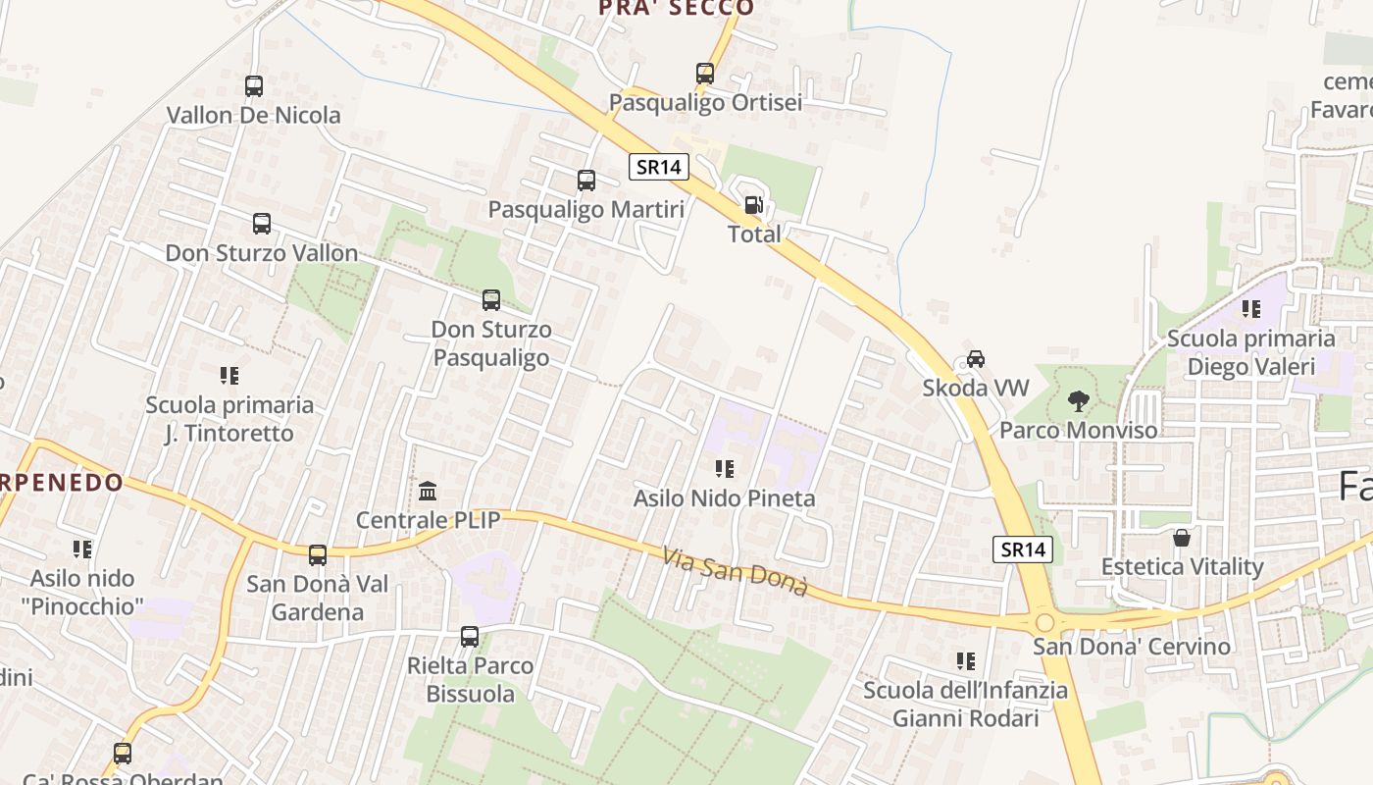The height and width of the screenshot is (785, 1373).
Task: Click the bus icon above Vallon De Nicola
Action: (254, 86)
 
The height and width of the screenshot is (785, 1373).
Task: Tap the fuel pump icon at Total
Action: (753, 205)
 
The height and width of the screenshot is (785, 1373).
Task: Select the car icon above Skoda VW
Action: (975, 359)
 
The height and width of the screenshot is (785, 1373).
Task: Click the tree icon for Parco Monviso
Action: (1078, 400)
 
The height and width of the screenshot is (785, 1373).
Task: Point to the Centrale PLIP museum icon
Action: (428, 491)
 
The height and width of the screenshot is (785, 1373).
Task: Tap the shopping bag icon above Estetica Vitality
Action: (1182, 538)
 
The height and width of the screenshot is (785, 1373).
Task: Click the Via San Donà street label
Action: (735, 572)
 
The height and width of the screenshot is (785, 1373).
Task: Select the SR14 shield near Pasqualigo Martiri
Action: (658, 167)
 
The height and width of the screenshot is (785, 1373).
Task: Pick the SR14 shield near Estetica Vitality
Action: (1024, 549)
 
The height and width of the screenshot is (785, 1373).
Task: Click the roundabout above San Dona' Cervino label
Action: (1044, 622)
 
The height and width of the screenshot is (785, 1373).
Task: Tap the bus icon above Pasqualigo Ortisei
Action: (705, 74)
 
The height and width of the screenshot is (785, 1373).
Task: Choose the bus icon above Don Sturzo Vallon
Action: (262, 224)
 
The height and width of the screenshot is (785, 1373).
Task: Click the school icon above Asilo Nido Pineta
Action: (724, 469)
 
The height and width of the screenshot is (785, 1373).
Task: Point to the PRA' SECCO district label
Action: (677, 9)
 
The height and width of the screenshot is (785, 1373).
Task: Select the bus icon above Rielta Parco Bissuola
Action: (470, 637)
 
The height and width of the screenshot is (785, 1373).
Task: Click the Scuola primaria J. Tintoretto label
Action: (229, 419)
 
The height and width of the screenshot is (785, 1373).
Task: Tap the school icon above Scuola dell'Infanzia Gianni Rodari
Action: (965, 661)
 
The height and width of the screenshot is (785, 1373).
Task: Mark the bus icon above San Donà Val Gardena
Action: (317, 555)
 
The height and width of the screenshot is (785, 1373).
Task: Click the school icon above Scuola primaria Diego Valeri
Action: (1250, 309)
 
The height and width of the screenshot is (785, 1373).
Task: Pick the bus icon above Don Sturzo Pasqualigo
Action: (491, 300)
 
